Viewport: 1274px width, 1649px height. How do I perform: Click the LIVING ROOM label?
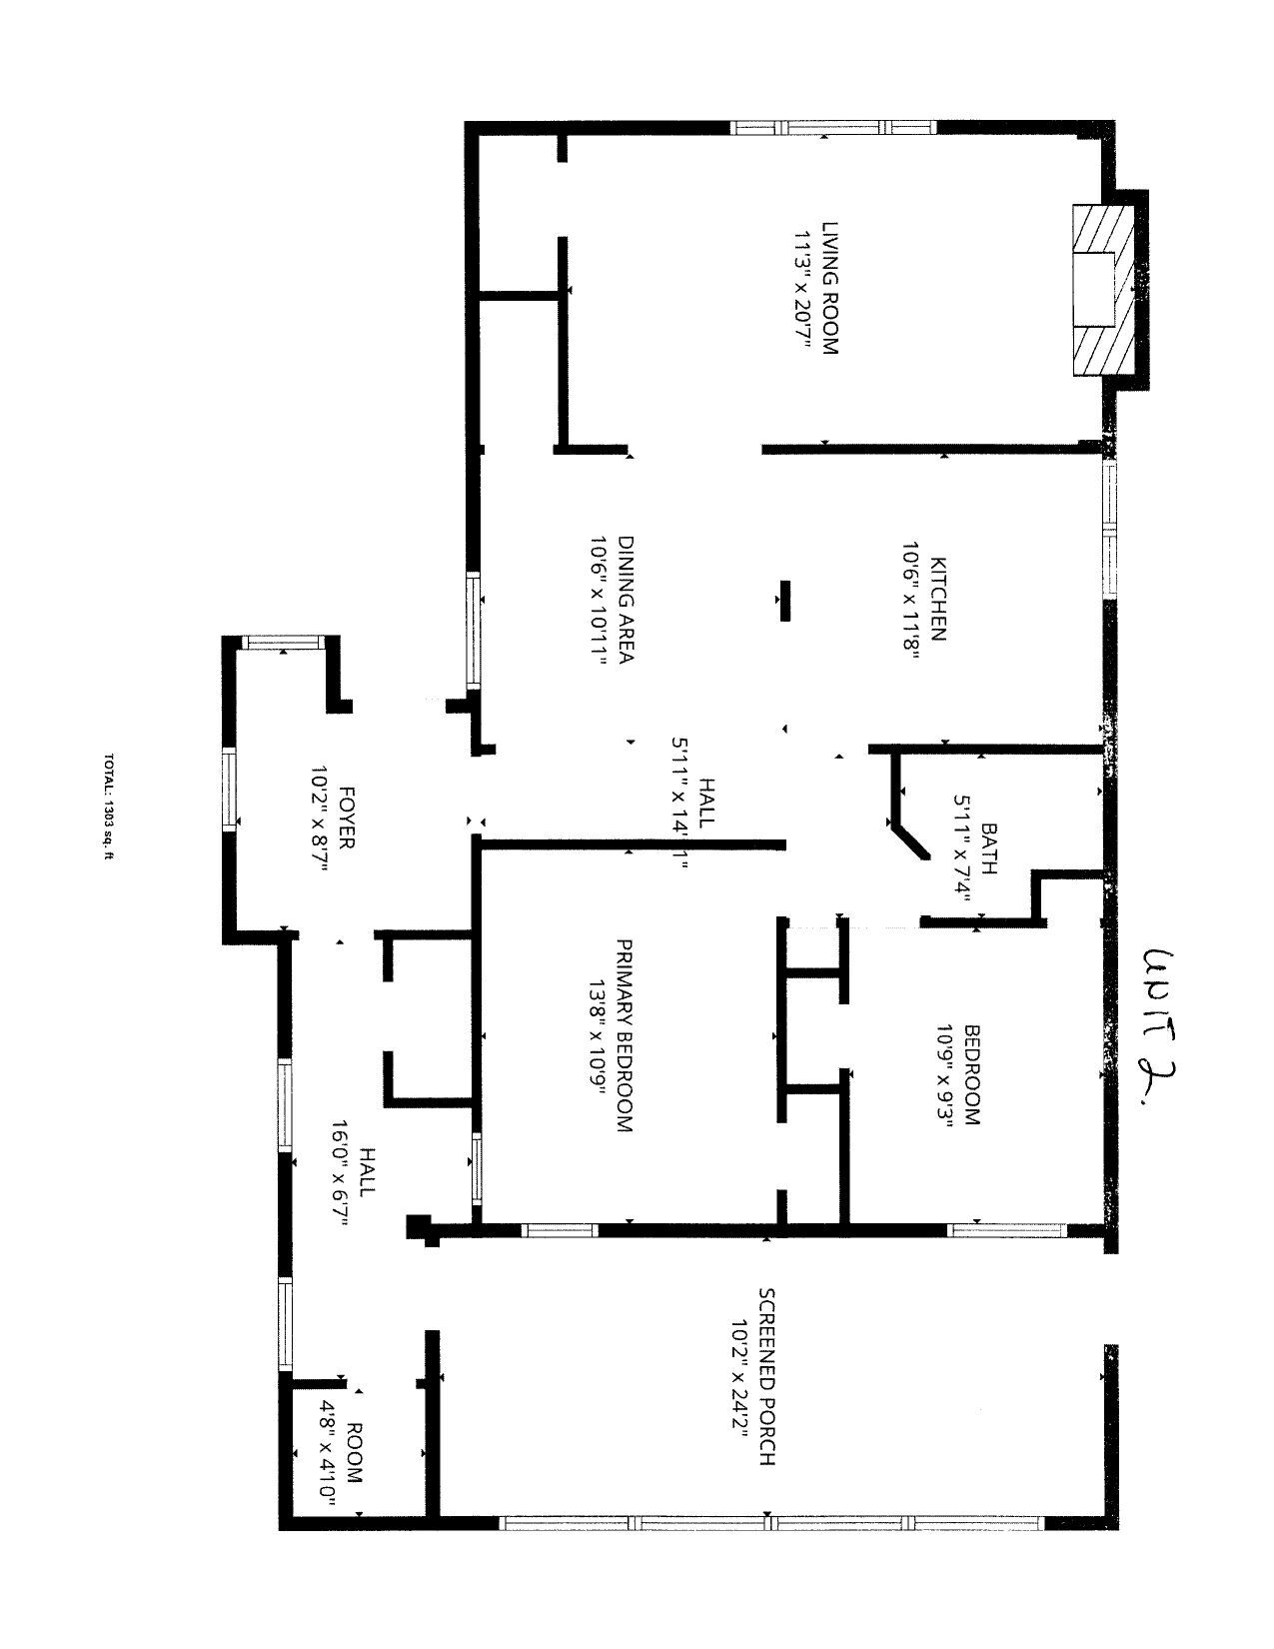tap(831, 289)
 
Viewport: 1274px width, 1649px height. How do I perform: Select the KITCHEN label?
tap(938, 600)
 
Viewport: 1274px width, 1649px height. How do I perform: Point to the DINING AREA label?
tap(626, 600)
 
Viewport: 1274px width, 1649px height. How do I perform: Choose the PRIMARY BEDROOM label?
tap(624, 1036)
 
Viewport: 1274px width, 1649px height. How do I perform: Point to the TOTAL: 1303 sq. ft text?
tap(108, 807)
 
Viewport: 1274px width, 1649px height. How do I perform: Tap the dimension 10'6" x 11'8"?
tap(909, 601)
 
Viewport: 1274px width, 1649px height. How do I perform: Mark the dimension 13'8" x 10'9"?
tap(597, 1036)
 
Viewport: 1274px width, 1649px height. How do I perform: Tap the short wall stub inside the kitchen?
tap(785, 601)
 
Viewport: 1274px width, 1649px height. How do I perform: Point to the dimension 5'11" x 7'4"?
tap(962, 848)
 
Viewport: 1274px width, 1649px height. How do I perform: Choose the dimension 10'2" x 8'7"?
tap(319, 819)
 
